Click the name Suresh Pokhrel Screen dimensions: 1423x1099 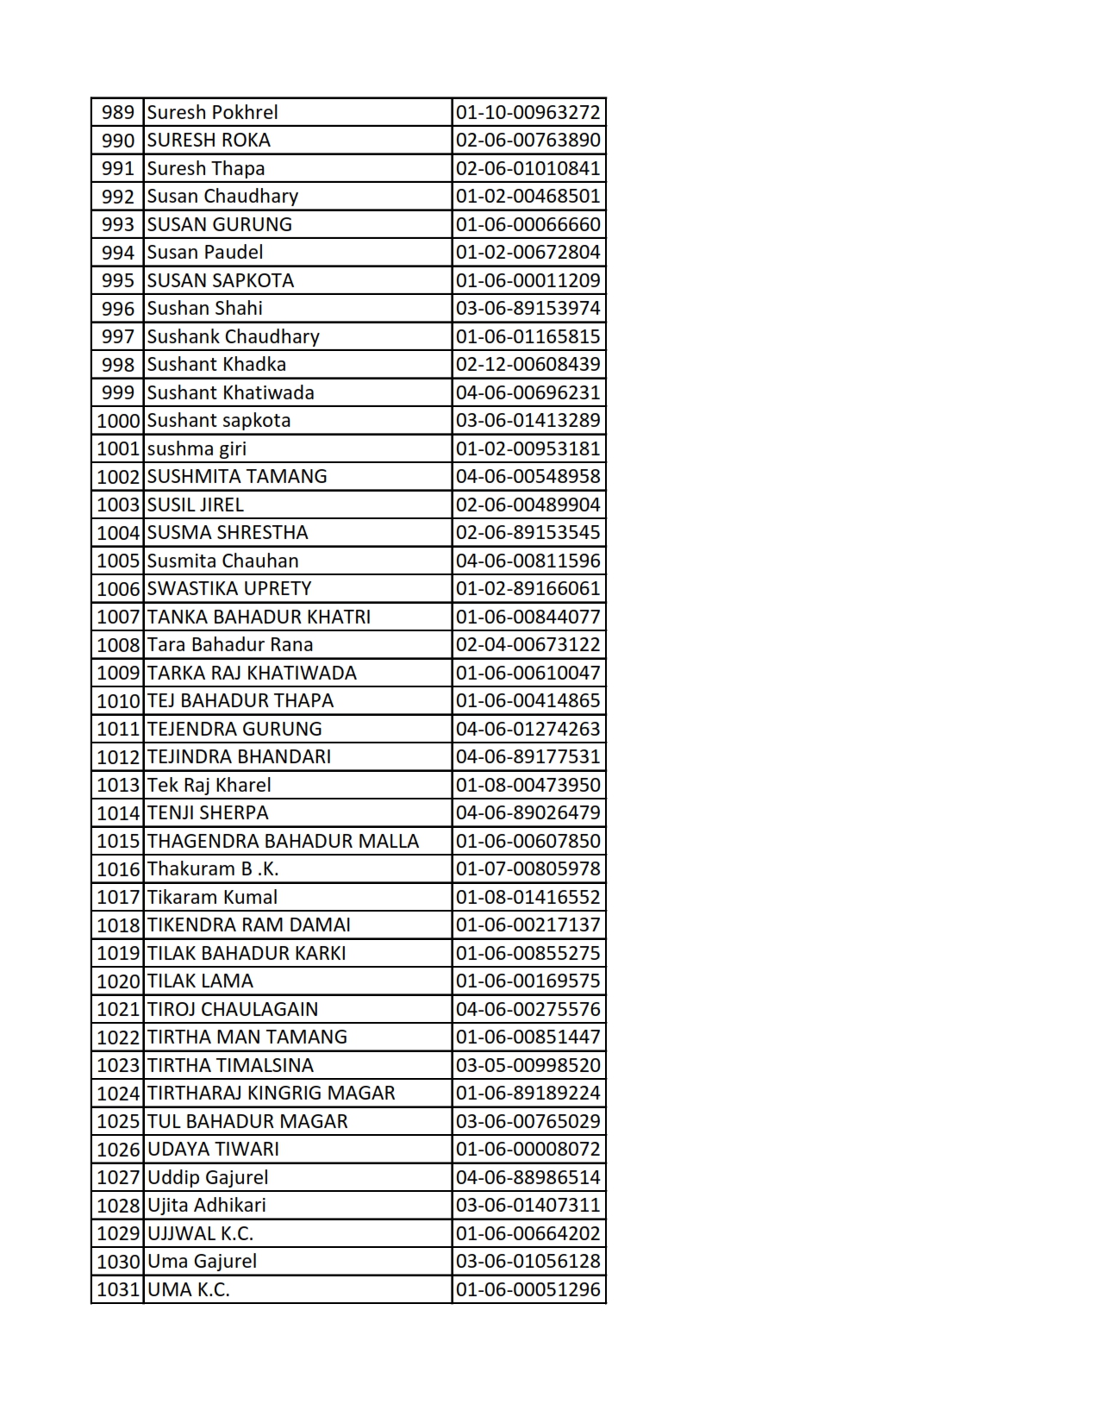point(212,113)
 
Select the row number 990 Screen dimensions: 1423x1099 point(118,141)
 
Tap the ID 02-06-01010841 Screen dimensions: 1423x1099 point(528,169)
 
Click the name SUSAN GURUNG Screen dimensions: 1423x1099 point(219,225)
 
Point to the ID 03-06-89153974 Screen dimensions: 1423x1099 point(528,309)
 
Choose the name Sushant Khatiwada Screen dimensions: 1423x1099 point(230,393)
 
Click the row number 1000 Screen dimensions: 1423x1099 point(118,421)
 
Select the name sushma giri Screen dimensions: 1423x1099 point(197,449)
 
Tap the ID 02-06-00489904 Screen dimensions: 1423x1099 point(528,505)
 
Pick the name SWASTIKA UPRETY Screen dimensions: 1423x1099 point(229,589)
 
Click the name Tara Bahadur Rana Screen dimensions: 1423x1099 point(230,645)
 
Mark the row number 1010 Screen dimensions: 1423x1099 point(118,701)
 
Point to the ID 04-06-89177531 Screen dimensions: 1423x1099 point(528,757)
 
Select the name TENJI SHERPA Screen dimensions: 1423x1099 point(208,813)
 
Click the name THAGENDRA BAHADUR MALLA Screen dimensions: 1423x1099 point(283,842)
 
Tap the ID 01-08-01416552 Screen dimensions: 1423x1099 point(528,898)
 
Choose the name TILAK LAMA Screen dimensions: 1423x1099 point(200,981)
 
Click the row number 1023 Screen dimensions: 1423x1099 point(118,1066)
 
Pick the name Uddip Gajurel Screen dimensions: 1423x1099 point(208,1178)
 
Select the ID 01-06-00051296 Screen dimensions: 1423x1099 point(528,1290)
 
